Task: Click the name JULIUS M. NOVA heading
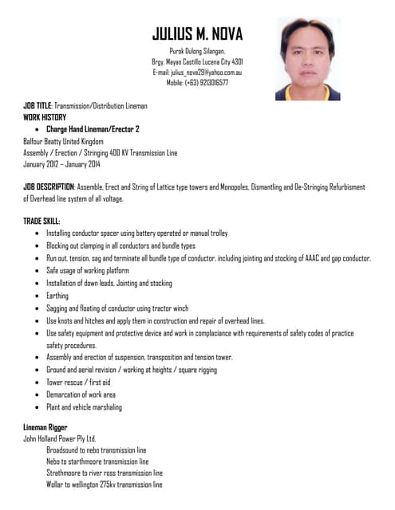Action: pyautogui.click(x=197, y=33)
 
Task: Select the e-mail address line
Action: pyautogui.click(x=197, y=72)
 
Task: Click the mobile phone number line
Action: pyautogui.click(x=197, y=82)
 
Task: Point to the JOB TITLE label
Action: pyautogui.click(x=38, y=106)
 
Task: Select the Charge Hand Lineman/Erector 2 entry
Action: pyautogui.click(x=93, y=128)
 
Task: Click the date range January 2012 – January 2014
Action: pyautogui.click(x=61, y=164)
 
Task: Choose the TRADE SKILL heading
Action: pyautogui.click(x=41, y=222)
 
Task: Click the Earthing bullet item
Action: pyautogui.click(x=57, y=296)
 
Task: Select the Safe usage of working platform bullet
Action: pyautogui.click(x=87, y=271)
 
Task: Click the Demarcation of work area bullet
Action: pyautogui.click(x=81, y=394)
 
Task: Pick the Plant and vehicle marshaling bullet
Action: pyautogui.click(x=84, y=407)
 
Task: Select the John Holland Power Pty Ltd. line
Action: pyautogui.click(x=60, y=438)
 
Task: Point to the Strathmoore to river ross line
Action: pyautogui.click(x=105, y=473)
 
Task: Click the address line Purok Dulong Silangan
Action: pyautogui.click(x=197, y=51)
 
